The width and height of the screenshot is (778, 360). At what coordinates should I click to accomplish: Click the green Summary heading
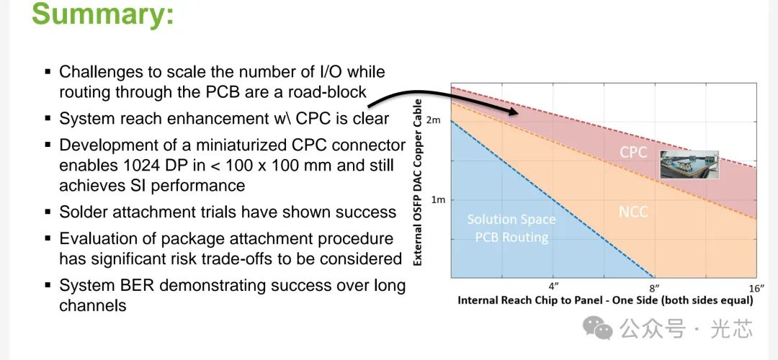(103, 14)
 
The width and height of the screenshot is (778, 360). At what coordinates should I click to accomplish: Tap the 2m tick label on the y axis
(434, 120)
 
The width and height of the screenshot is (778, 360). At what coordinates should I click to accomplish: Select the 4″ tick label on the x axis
(554, 286)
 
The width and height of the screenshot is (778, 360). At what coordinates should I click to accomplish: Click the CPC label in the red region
(633, 152)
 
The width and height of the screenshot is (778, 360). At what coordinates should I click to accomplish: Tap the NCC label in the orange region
(633, 212)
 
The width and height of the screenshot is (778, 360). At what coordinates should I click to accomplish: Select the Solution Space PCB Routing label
(511, 228)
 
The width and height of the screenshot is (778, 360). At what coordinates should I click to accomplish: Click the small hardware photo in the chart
(689, 165)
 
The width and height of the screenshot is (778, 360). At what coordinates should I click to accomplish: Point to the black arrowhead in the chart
(513, 112)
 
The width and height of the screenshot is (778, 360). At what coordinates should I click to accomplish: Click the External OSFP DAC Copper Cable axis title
(418, 182)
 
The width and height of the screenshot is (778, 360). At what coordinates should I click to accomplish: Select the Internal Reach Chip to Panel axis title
(605, 300)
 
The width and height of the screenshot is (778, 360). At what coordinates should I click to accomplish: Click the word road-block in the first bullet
(327, 91)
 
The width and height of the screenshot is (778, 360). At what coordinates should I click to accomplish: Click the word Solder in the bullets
(82, 212)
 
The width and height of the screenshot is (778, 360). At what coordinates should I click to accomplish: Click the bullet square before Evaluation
(48, 238)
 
